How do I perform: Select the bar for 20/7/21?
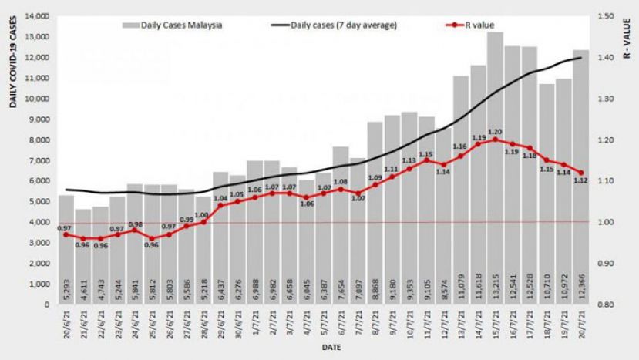coord(581,177)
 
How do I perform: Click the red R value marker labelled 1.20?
coord(495,140)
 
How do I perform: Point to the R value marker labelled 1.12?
coord(581,173)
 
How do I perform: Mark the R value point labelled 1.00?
coord(203,222)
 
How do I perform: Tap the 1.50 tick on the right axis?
coord(604,16)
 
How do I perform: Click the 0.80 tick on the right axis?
coord(604,304)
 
